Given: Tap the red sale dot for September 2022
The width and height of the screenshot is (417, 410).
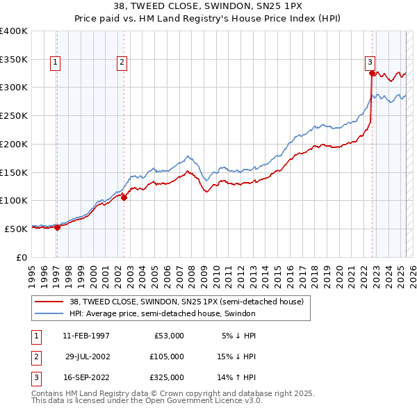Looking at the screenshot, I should click(372, 73).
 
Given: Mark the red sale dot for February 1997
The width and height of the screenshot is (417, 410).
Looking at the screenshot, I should click(57, 227).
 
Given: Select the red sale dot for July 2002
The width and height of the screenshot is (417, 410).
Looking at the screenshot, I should click(124, 197).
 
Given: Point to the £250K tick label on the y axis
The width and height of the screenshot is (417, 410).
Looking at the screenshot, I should click(14, 115).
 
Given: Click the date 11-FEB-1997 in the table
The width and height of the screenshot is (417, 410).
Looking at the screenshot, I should click(86, 336).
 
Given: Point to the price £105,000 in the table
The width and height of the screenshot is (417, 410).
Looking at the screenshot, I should click(167, 356).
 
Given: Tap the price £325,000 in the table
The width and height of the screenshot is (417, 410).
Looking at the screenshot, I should click(167, 377).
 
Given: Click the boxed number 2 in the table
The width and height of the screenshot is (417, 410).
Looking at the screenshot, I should click(35, 356).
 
